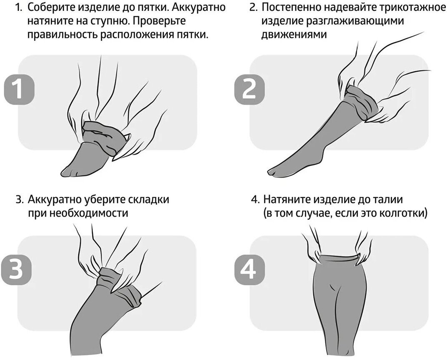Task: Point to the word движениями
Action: pyautogui.click(x=293, y=34)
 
